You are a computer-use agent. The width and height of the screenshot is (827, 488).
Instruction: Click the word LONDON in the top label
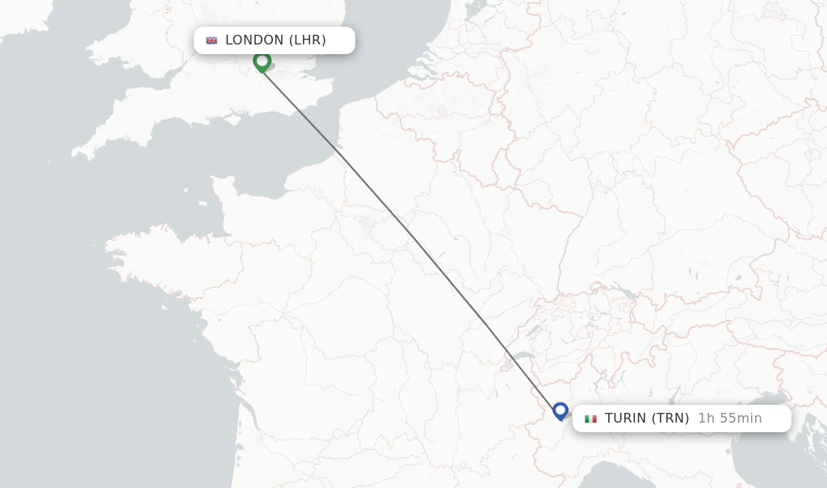254,40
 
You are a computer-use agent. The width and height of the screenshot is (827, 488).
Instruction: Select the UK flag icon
212,40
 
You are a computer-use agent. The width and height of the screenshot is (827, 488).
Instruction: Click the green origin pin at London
262,61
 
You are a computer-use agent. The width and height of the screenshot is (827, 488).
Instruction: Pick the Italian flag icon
591,419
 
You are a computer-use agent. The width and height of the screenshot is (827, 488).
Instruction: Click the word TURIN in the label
625,419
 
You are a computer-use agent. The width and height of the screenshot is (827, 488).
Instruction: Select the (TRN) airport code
670,419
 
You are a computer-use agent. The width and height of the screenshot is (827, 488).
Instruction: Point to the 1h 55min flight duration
730,419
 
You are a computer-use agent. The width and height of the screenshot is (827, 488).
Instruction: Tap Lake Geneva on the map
526,355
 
